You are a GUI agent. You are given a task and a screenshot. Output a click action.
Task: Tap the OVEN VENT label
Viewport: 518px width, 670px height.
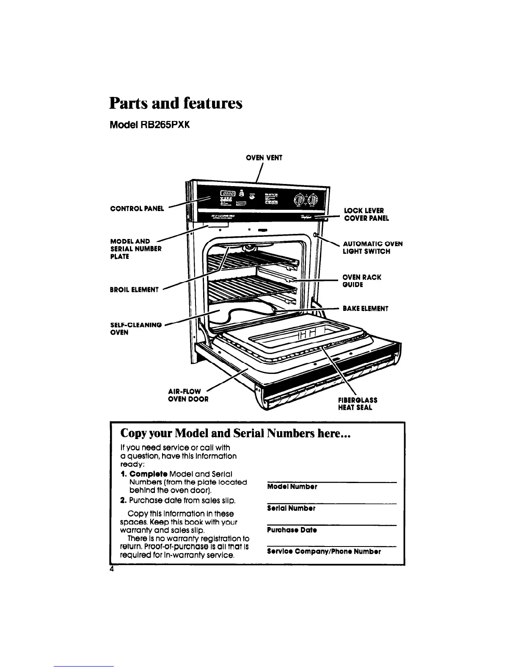[x=264, y=158]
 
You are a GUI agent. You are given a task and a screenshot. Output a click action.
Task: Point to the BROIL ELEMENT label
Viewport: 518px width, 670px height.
[x=134, y=290]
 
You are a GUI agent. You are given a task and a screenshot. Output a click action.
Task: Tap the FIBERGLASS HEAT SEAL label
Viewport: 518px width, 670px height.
[x=358, y=404]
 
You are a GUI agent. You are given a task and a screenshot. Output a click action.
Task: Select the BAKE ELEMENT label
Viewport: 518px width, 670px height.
[x=365, y=308]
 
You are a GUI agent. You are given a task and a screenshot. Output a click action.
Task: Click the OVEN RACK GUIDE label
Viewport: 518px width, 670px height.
[x=362, y=281]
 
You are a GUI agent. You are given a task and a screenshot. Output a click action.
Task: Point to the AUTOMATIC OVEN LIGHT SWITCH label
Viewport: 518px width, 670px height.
[x=372, y=247]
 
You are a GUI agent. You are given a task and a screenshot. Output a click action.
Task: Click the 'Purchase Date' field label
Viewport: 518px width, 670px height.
[x=292, y=530]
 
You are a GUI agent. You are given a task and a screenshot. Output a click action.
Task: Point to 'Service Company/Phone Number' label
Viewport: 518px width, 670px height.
[x=324, y=552]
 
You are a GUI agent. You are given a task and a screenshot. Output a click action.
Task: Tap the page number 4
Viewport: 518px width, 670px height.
[x=112, y=569]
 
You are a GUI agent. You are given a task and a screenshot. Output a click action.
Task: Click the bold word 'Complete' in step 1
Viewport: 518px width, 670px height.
[x=145, y=474]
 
